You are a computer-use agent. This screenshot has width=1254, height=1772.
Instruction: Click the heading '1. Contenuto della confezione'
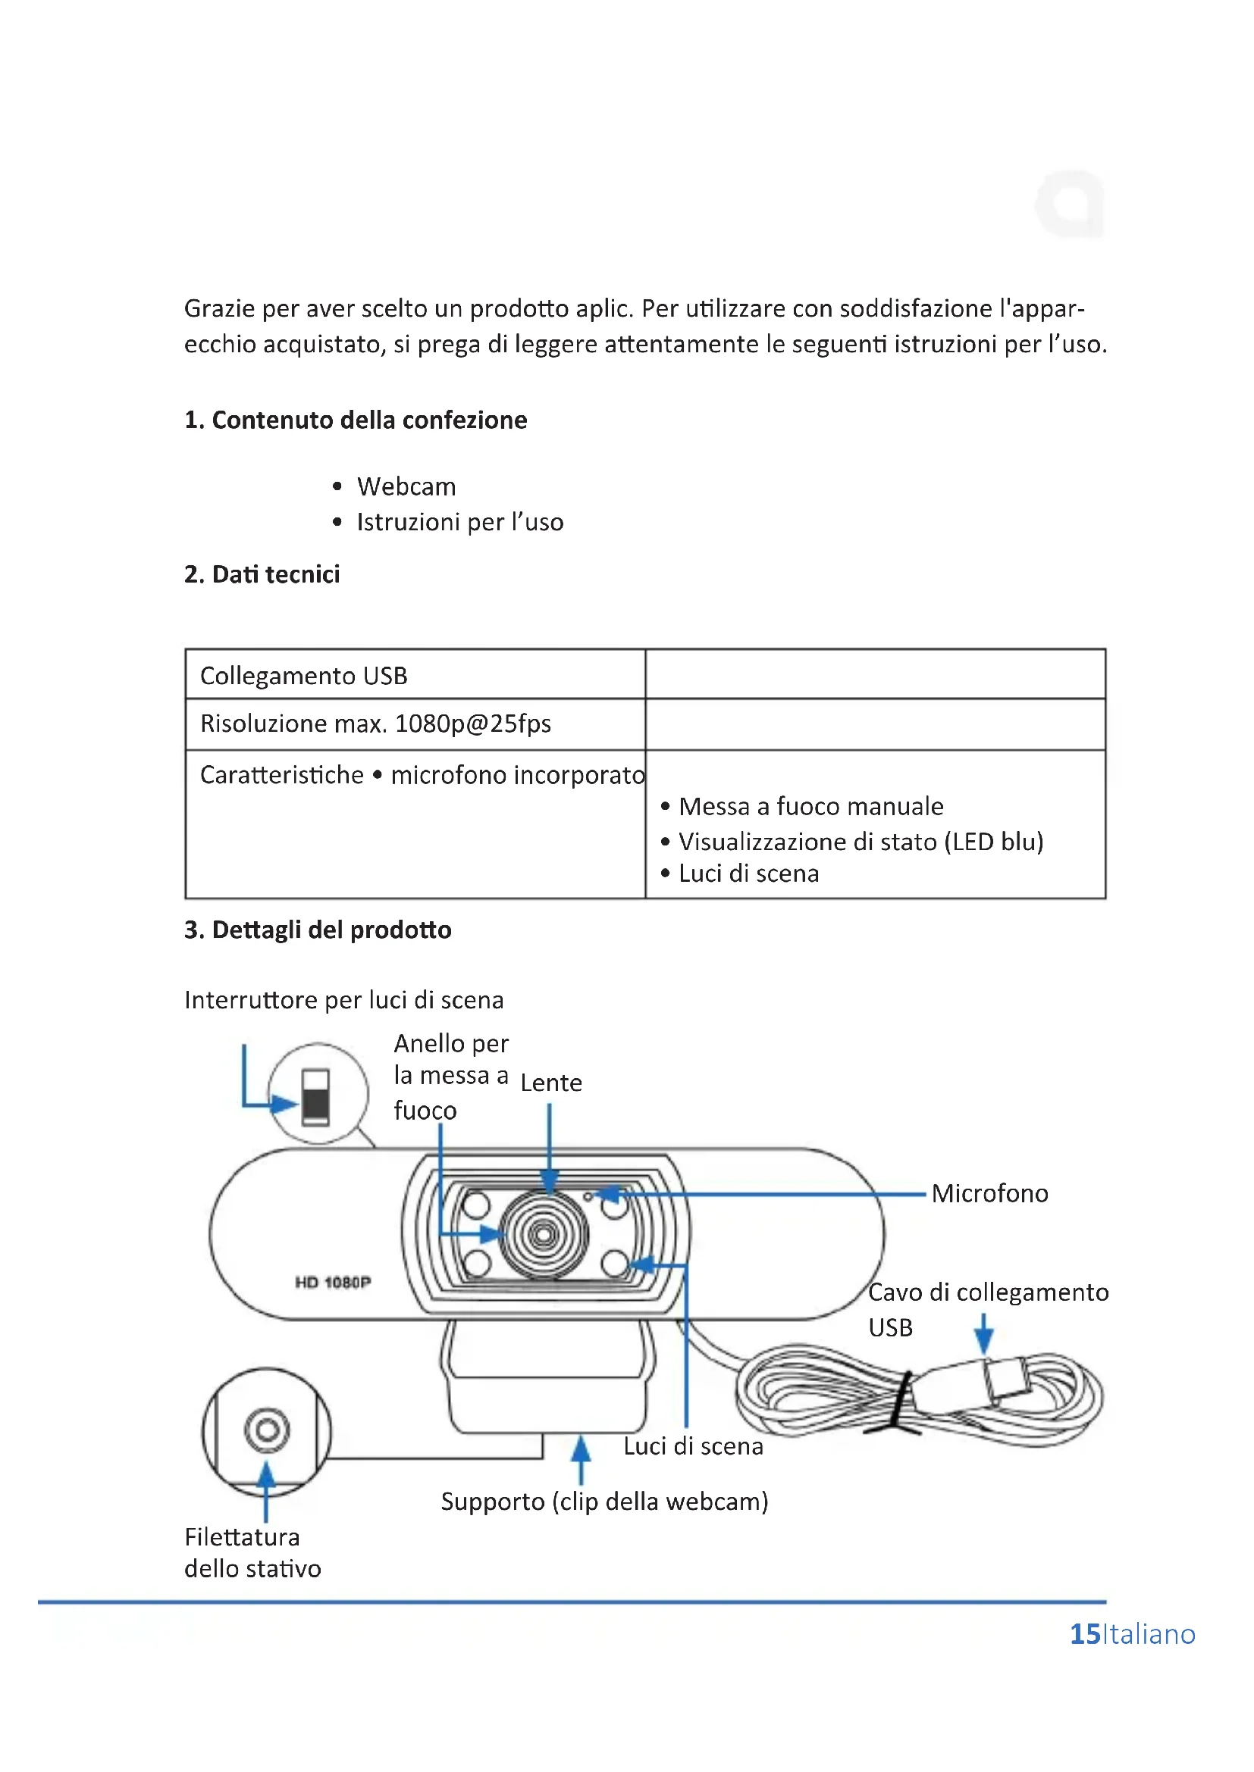click(x=355, y=420)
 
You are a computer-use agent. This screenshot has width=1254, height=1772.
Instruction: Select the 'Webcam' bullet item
click(x=406, y=487)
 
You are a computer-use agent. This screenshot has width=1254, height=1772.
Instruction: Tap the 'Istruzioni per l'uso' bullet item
click(x=459, y=523)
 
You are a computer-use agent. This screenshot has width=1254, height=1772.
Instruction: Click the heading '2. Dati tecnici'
click(x=262, y=574)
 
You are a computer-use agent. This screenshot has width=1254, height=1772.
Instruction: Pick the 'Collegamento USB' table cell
click(x=303, y=676)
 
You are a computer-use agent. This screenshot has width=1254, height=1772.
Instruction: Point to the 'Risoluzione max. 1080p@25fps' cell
click(x=375, y=724)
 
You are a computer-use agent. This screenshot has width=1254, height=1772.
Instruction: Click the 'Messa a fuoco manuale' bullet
click(x=810, y=807)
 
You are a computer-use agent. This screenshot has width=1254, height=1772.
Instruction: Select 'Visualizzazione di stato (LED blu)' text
click(x=861, y=841)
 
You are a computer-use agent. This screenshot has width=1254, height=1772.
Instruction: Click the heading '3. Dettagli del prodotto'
click(x=318, y=930)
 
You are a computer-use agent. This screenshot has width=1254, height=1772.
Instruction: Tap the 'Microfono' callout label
click(x=989, y=1194)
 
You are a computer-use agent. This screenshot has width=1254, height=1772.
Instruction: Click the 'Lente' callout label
click(x=550, y=1083)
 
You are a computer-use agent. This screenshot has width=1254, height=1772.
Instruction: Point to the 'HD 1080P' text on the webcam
click(x=333, y=1283)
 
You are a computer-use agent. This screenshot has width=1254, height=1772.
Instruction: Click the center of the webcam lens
click(x=544, y=1235)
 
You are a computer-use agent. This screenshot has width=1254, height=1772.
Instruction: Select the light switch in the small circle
click(x=316, y=1097)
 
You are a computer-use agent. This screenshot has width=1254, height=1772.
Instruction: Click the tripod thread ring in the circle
click(x=267, y=1430)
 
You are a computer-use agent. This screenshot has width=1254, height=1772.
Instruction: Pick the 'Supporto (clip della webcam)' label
click(x=603, y=1502)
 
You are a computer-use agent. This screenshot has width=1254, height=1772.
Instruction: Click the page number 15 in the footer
click(x=1084, y=1634)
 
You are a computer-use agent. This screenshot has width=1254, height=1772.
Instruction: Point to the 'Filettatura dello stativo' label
click(x=252, y=1553)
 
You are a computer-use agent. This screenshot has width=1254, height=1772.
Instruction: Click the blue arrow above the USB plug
click(x=984, y=1333)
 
